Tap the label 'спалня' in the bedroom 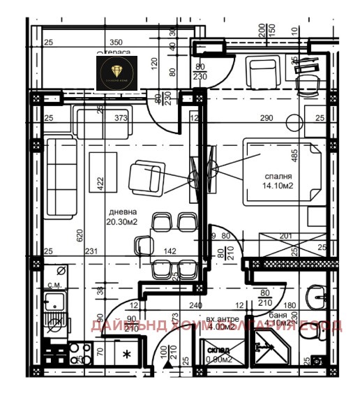pos(276,177)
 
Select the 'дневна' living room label pos(122,212)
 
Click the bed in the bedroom pos(276,172)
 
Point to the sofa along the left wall pos(60,177)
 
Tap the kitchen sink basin pos(53,303)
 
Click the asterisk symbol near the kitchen pos(126,355)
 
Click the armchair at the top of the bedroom pos(263,71)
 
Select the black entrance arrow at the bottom pos(166,363)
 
